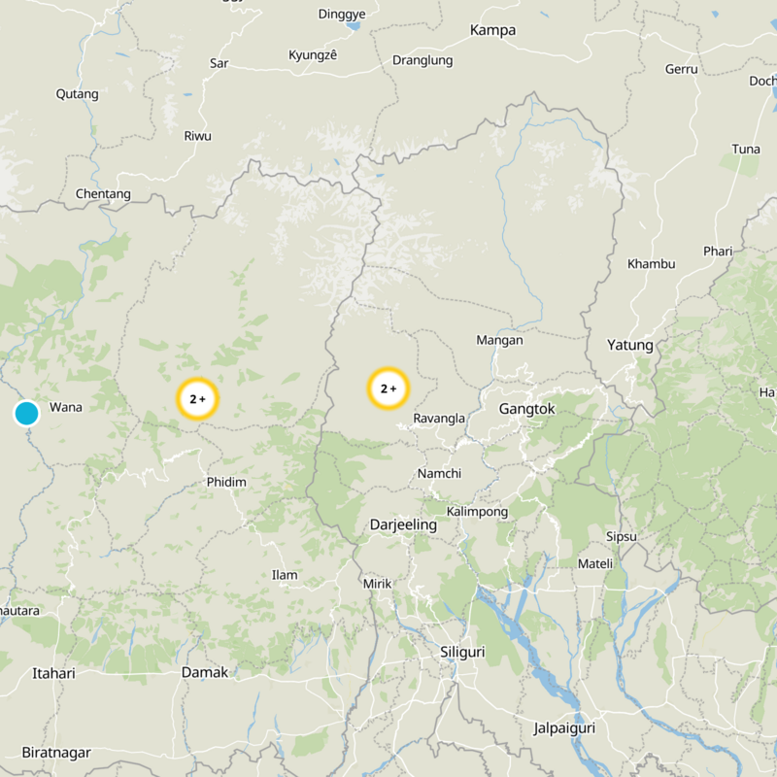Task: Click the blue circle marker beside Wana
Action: [x=26, y=413]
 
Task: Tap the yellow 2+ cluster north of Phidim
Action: [x=197, y=398]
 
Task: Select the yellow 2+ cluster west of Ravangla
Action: [x=388, y=388]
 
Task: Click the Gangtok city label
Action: [x=526, y=409]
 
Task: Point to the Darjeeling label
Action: [x=403, y=524]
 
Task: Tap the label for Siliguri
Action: [x=462, y=652]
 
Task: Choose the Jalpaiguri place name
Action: [x=563, y=727]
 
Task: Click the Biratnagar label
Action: [x=56, y=753]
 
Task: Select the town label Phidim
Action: [x=226, y=482]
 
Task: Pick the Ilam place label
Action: [x=285, y=575]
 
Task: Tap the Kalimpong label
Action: [x=477, y=511]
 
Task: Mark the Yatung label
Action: [x=630, y=345]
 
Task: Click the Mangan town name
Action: [x=499, y=340]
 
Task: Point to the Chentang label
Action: [x=103, y=194]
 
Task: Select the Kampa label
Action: [x=492, y=30]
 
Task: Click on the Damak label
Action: [x=205, y=672]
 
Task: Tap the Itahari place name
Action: [x=53, y=672]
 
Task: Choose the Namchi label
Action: [x=439, y=473]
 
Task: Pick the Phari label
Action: [x=718, y=252]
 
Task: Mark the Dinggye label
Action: [x=342, y=15]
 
